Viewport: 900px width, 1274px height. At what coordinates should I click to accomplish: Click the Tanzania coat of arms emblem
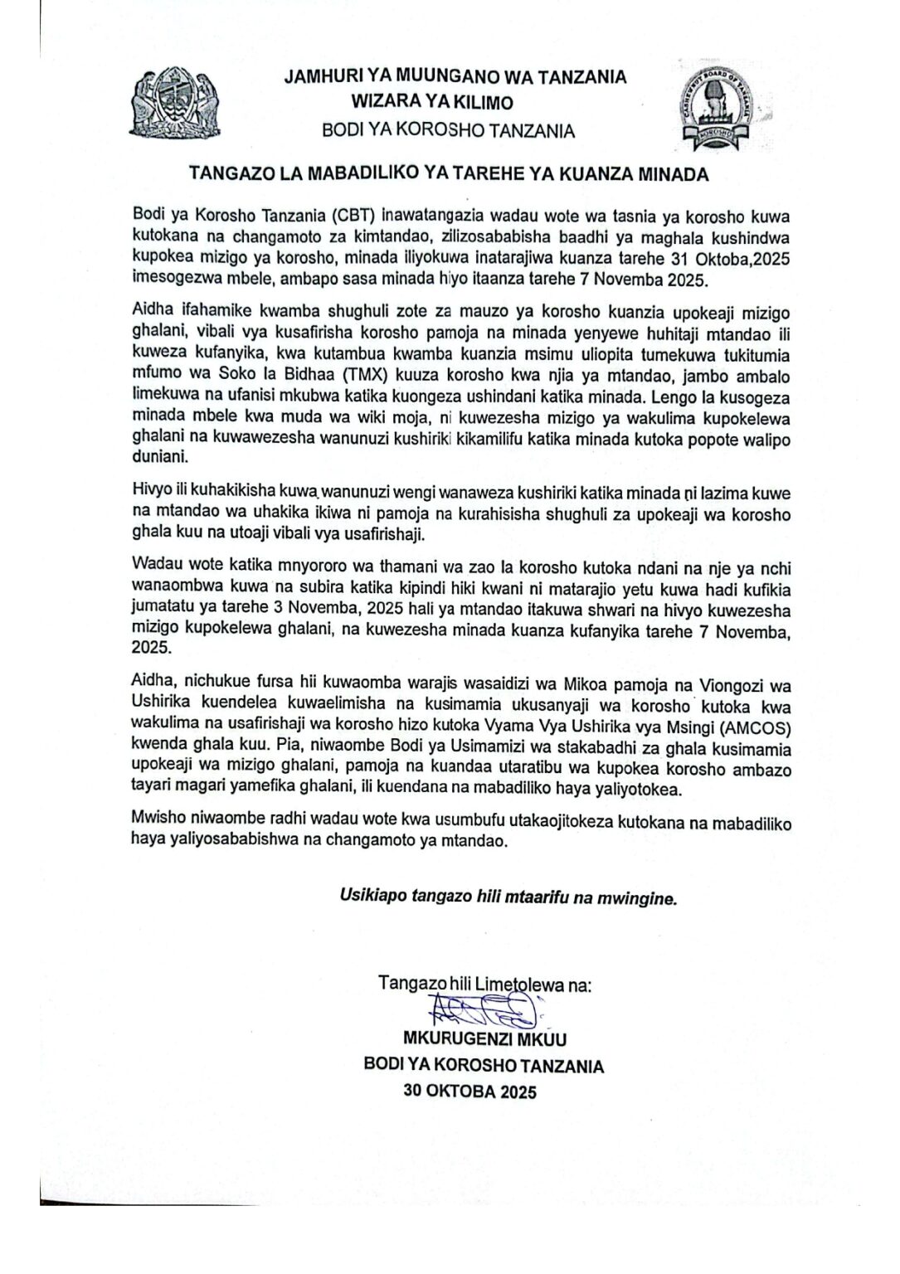(x=174, y=104)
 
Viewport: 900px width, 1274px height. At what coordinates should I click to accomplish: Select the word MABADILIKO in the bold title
(x=364, y=174)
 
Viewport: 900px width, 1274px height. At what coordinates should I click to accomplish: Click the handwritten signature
(x=481, y=1009)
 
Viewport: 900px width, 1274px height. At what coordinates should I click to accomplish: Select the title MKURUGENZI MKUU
(x=484, y=1038)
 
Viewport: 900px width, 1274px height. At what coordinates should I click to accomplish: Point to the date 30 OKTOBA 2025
(x=469, y=1092)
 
